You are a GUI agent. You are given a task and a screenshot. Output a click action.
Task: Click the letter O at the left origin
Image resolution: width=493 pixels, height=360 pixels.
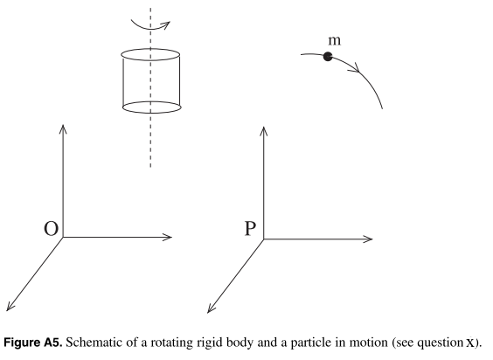click(51, 229)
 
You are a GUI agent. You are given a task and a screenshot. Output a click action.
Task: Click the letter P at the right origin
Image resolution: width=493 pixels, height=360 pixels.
click(250, 228)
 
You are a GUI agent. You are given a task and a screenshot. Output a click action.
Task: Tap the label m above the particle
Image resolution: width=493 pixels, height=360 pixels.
click(334, 40)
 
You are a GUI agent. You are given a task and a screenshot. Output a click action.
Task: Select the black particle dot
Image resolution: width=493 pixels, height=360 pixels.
click(328, 57)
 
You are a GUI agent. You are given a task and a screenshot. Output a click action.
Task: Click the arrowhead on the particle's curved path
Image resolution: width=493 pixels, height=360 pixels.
click(355, 67)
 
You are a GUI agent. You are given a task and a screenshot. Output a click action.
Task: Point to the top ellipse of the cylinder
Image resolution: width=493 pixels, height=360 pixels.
click(150, 54)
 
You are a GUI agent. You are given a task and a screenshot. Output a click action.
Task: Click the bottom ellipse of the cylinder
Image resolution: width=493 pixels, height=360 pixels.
click(151, 107)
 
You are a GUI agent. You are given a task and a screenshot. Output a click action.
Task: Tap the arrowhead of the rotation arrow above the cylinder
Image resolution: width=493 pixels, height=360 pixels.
click(165, 24)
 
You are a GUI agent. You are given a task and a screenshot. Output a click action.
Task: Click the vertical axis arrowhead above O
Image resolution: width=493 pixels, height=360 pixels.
click(63, 129)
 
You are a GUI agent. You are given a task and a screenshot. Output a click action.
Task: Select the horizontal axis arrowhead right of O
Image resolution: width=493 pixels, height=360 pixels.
click(167, 237)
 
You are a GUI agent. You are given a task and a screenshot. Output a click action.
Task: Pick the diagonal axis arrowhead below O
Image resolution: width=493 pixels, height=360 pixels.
click(10, 306)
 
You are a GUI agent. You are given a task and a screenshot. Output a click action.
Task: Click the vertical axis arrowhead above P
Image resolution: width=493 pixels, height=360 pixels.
click(263, 131)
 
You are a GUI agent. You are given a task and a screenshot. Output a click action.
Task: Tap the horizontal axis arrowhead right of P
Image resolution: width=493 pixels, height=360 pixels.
click(367, 239)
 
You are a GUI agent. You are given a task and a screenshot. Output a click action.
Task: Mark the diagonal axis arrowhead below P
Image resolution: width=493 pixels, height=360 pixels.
click(212, 308)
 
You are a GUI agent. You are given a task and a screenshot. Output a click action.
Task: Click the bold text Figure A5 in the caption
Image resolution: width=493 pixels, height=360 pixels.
click(32, 343)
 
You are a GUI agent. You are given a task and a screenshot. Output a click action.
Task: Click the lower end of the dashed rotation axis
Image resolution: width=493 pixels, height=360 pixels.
click(150, 167)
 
